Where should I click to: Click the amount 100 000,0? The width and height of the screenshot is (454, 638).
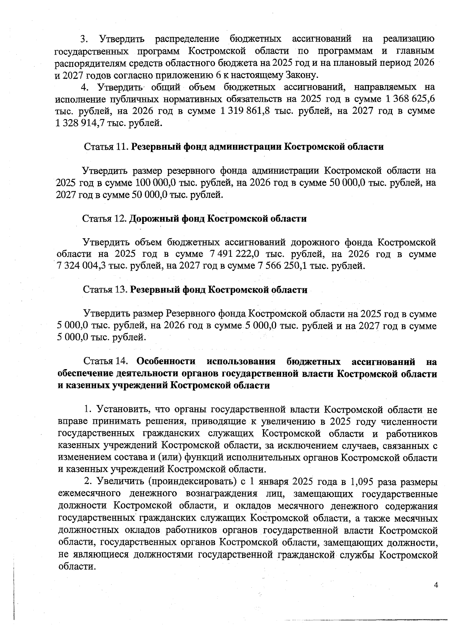pos(154,183)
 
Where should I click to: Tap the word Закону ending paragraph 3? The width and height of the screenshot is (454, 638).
pos(301,75)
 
